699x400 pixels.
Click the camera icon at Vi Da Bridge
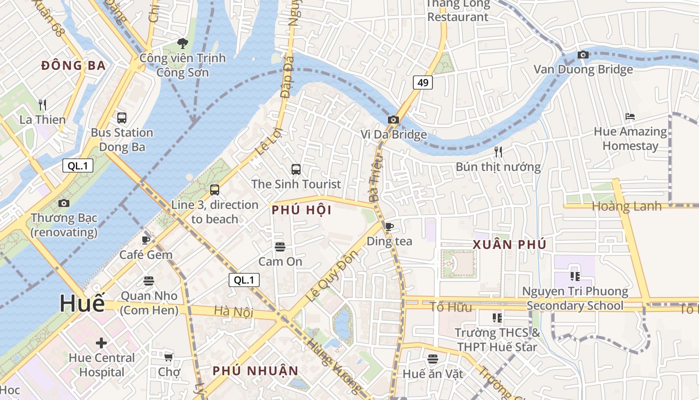[x=393, y=119]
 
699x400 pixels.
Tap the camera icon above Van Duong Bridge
[x=583, y=54]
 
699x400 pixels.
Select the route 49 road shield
[x=422, y=82]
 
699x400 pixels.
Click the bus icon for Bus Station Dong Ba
[x=122, y=118]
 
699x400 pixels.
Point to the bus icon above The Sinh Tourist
[x=296, y=169]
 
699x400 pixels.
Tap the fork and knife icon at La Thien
[x=42, y=105]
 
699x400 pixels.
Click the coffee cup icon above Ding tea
[x=389, y=226]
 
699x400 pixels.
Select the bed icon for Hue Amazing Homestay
[x=630, y=117]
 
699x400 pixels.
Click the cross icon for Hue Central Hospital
[x=101, y=343]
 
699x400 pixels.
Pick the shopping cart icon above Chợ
[x=169, y=357]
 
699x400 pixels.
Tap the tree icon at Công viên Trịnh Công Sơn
[x=183, y=43]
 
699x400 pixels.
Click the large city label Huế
[x=82, y=304]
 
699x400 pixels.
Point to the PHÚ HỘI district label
[x=302, y=210]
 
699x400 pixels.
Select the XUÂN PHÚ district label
[x=509, y=244]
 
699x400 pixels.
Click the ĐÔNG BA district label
[x=73, y=65]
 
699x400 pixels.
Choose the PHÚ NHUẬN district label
[x=255, y=371]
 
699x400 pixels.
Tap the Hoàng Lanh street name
[x=626, y=206]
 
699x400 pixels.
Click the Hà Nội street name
[x=234, y=312]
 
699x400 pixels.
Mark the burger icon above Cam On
[x=280, y=246]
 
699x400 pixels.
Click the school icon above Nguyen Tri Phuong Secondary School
[x=575, y=276]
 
